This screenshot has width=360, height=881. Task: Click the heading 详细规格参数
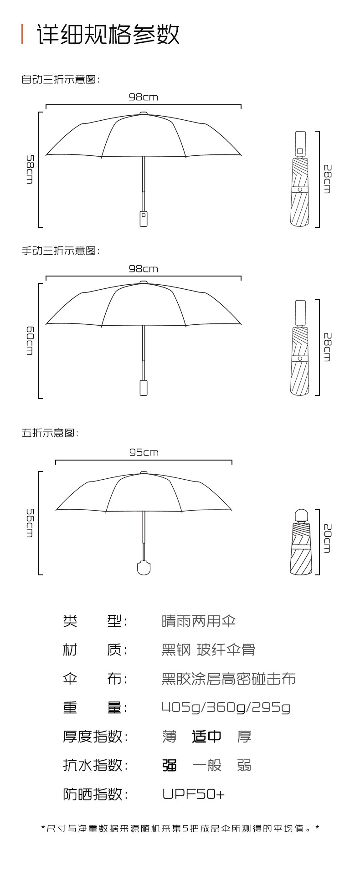click(108, 34)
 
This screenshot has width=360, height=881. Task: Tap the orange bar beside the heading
click(22, 34)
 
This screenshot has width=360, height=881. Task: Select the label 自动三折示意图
click(60, 79)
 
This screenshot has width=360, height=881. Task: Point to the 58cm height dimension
click(30, 169)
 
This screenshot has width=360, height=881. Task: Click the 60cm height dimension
click(30, 340)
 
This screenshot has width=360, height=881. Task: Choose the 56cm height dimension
click(30, 522)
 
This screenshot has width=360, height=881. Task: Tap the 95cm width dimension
click(144, 452)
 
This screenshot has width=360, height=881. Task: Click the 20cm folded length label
click(328, 538)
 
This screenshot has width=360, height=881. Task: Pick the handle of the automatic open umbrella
click(144, 218)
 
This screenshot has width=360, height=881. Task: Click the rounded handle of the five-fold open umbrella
click(144, 569)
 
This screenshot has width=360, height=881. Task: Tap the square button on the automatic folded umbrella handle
click(300, 151)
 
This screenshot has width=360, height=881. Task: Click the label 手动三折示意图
click(60, 251)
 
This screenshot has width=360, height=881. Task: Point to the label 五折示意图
click(50, 433)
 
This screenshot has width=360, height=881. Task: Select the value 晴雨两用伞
click(199, 621)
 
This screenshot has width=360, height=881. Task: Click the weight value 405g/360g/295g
click(226, 707)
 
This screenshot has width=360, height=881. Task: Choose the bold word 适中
click(206, 736)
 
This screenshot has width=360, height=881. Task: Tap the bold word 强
click(170, 765)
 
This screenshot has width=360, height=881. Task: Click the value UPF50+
click(193, 794)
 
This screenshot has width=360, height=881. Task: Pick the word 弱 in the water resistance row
click(244, 765)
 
